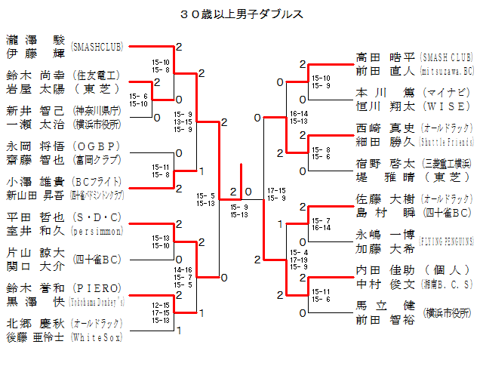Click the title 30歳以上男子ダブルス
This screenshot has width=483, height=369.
242,14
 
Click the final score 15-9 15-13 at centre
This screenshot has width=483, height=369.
239,211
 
